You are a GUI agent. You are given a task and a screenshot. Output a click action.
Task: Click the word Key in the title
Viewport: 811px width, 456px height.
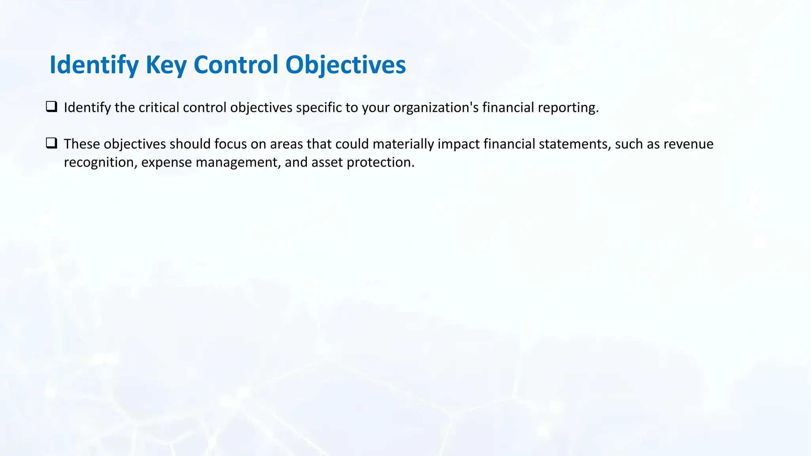point(166,65)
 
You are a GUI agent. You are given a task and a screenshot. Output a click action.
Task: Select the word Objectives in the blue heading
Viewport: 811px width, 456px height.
point(345,65)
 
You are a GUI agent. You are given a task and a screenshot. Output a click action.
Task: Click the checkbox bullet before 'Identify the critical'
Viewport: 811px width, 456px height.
point(51,106)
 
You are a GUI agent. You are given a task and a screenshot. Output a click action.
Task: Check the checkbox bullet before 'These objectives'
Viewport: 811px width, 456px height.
point(51,143)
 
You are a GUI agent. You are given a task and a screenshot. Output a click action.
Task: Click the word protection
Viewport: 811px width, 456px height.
point(380,162)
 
